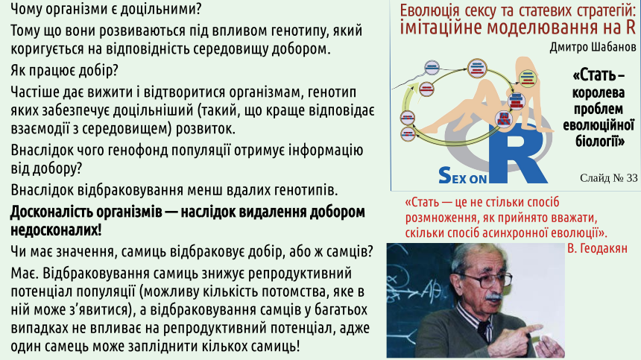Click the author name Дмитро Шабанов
pyautogui.click(x=593, y=48)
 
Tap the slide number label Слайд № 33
pyautogui.click(x=609, y=177)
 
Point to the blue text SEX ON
pyautogui.click(x=463, y=176)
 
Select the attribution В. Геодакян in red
pyautogui.click(x=597, y=248)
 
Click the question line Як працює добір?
pyautogui.click(x=64, y=71)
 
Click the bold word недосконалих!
pyautogui.click(x=56, y=230)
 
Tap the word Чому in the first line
pyautogui.click(x=27, y=9)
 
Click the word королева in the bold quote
pyautogui.click(x=599, y=92)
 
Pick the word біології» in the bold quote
pyautogui.click(x=600, y=141)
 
